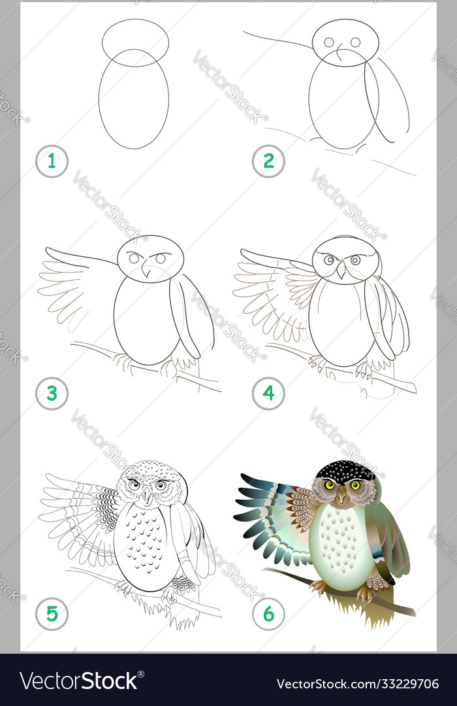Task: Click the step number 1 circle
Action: coord(52,161)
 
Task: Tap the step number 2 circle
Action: coord(268,161)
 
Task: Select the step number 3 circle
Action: coord(52,394)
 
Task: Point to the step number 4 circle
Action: coord(268,394)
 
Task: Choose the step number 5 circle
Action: coord(52,614)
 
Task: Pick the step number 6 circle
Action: coord(268,614)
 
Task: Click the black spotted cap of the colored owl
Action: coord(345,471)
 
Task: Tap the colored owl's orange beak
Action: coord(342,497)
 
